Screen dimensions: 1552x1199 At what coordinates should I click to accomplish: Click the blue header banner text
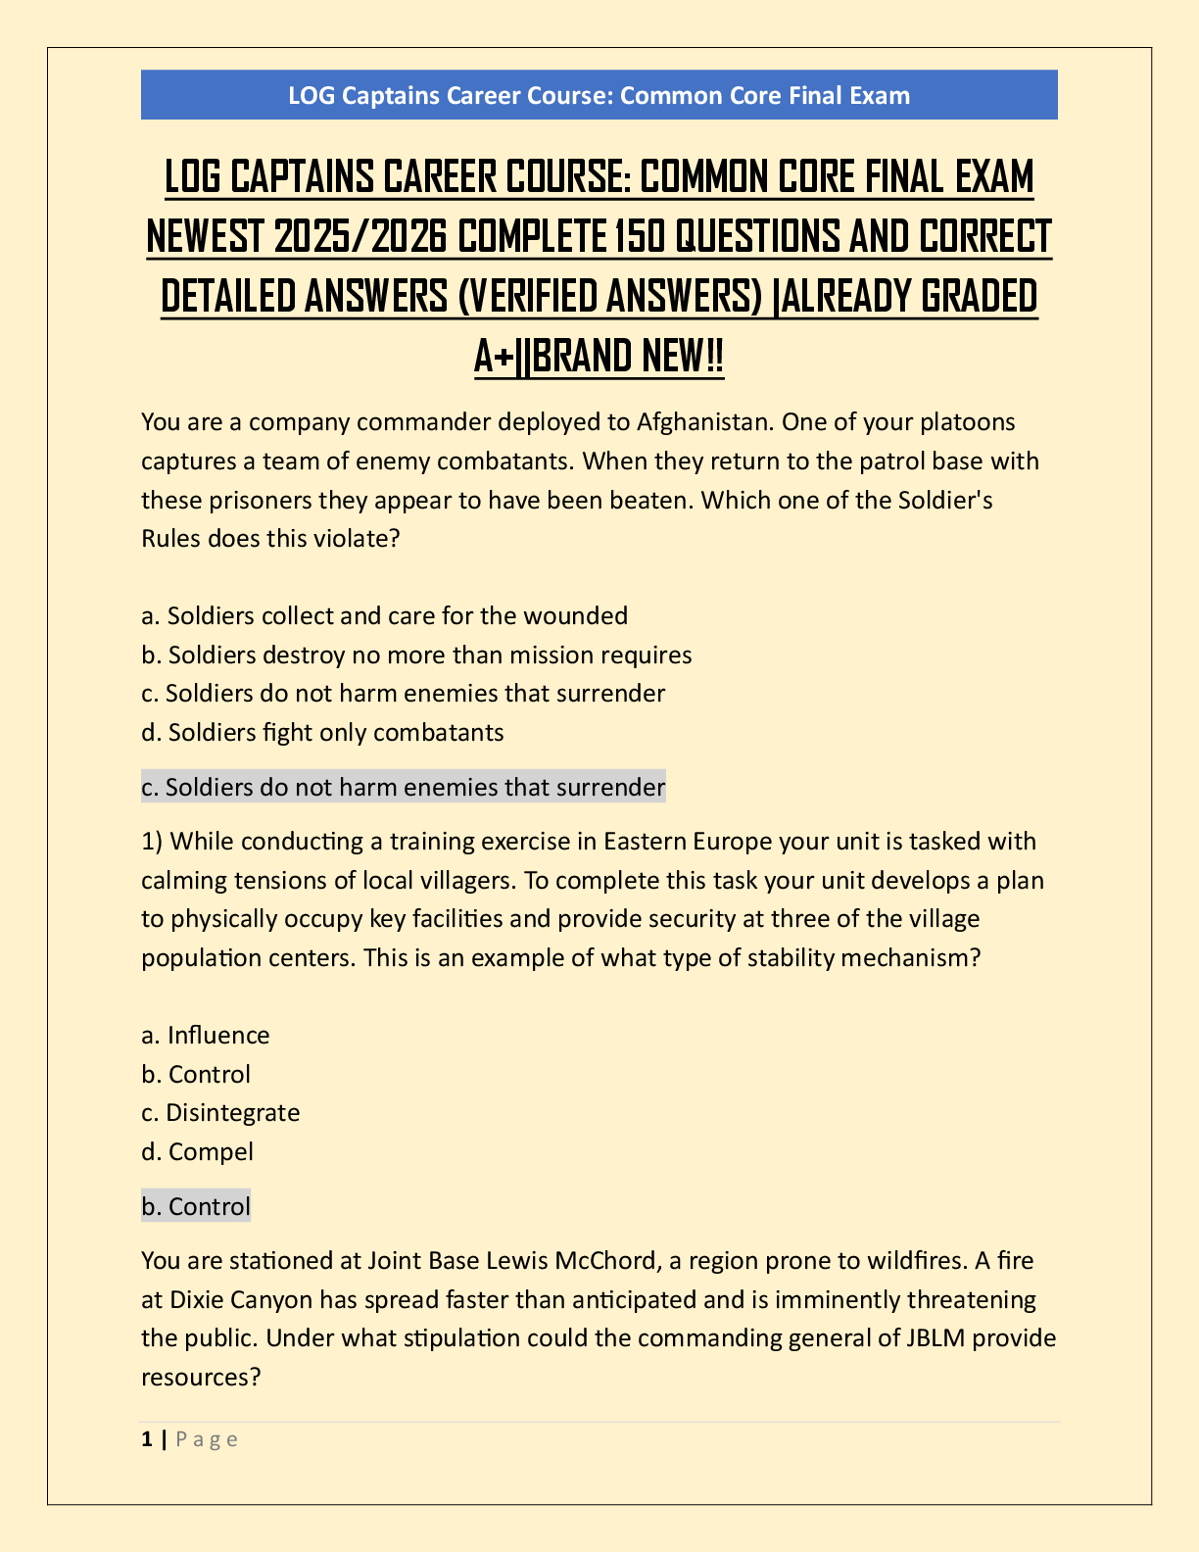tap(599, 95)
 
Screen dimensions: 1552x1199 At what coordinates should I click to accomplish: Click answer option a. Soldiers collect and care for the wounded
tap(385, 616)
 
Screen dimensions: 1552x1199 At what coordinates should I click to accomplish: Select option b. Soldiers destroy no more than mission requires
tap(416, 655)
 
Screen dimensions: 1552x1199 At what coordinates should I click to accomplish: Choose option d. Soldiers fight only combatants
tap(322, 732)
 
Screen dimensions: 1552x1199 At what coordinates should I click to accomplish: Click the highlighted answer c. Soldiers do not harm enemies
tap(403, 787)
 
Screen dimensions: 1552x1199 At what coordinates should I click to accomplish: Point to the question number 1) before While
tap(151, 842)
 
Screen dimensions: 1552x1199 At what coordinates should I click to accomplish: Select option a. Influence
tap(206, 1036)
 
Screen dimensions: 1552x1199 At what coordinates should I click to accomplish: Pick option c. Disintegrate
tap(220, 1113)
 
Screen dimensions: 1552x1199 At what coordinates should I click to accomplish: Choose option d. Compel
tap(197, 1152)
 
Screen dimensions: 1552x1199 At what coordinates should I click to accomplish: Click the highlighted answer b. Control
tap(196, 1206)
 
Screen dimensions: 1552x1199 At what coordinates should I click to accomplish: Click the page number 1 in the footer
tap(147, 1439)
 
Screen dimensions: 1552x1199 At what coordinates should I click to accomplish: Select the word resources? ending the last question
tap(201, 1378)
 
